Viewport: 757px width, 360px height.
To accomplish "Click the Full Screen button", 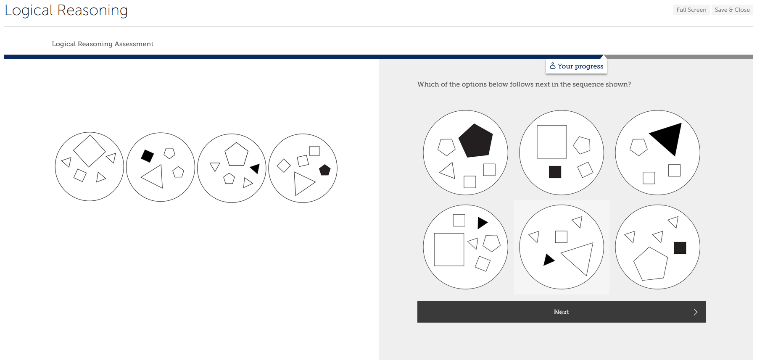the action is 691,10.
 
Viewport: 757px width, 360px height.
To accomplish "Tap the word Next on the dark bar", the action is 561,312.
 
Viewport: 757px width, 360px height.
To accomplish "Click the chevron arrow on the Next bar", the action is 695,312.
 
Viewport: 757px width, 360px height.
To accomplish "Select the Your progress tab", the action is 576,66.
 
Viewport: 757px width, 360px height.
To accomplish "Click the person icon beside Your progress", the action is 553,66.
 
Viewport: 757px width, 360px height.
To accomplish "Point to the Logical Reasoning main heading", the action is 66,10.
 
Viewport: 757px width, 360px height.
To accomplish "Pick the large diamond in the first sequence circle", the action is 89,150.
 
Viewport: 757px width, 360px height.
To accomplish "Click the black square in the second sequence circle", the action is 147,156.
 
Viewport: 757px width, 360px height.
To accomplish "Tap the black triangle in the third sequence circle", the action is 255,168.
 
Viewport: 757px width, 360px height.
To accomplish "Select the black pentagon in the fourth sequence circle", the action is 325,170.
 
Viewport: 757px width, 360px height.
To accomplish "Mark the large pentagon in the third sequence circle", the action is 236,155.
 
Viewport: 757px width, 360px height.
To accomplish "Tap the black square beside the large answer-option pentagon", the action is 680,248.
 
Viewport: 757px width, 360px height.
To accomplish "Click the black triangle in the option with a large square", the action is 482,223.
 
